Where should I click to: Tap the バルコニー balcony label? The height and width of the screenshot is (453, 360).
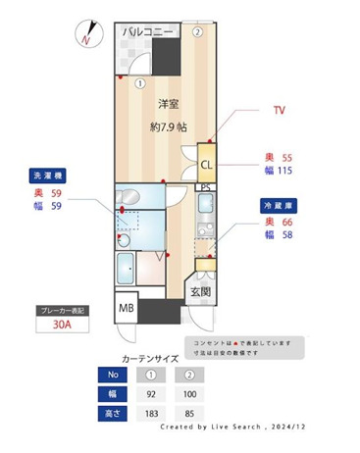point(148,32)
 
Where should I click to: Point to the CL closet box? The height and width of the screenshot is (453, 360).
point(207,165)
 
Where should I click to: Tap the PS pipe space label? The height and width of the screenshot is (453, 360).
point(205,186)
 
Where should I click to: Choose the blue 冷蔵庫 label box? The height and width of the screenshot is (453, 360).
point(280,207)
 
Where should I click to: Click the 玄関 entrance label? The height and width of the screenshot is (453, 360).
point(200,291)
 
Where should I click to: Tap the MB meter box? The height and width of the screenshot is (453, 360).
point(127,310)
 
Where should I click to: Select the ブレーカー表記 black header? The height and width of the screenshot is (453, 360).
point(62,311)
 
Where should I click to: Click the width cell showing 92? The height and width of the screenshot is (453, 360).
point(152,392)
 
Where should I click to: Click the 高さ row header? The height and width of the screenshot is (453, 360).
point(113,412)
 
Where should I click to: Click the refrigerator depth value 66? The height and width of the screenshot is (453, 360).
point(286,224)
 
